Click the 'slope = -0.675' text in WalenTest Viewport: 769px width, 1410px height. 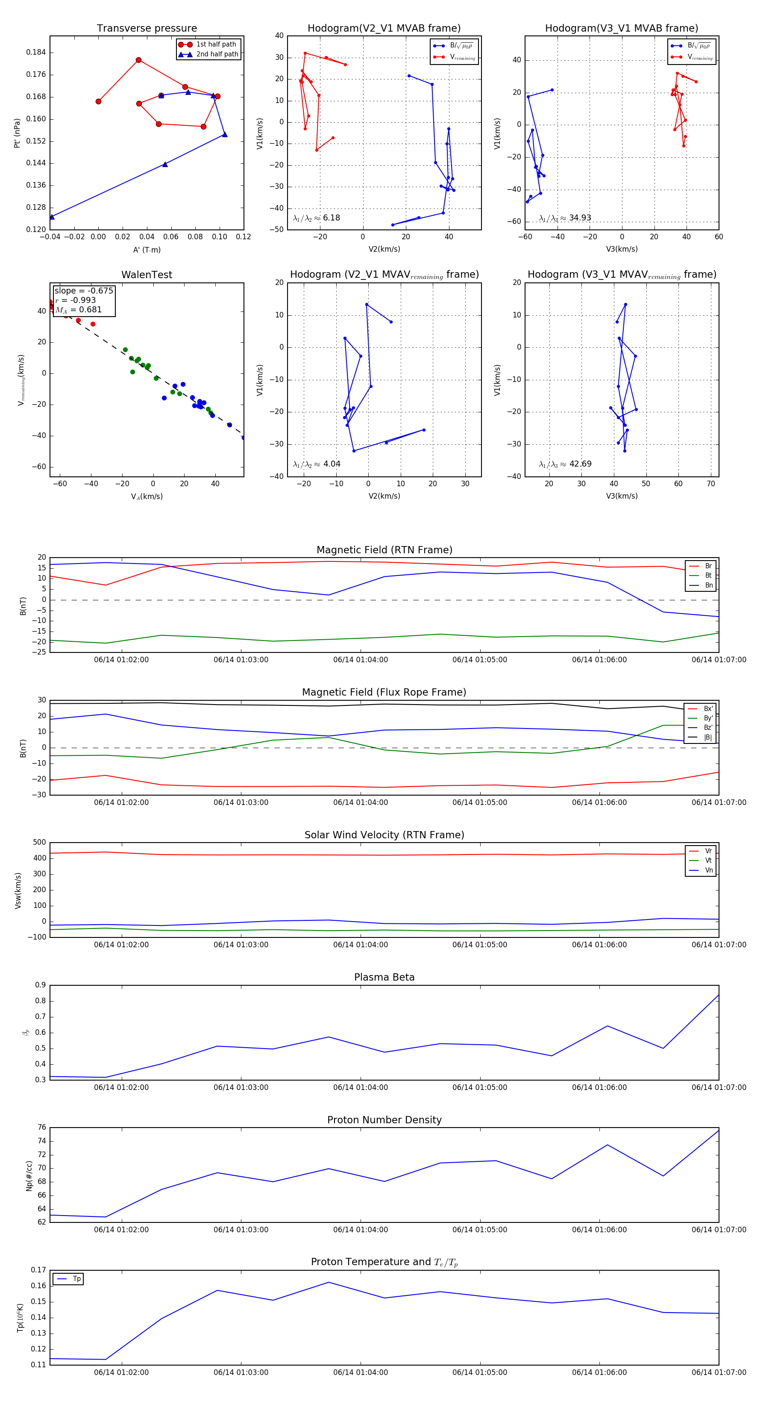pyautogui.click(x=84, y=291)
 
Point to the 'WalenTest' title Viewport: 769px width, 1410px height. pyautogui.click(x=147, y=275)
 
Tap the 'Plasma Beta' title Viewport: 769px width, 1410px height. pyautogui.click(x=384, y=977)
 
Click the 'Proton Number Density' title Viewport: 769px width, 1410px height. pyautogui.click(x=384, y=1119)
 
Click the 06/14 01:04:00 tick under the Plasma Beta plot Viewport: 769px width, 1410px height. pyautogui.click(x=360, y=1087)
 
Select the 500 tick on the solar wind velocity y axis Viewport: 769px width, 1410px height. pyautogui.click(x=39, y=843)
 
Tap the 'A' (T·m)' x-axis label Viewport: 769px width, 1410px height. pyautogui.click(x=147, y=250)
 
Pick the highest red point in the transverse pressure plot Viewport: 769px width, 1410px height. pyautogui.click(x=138, y=60)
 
